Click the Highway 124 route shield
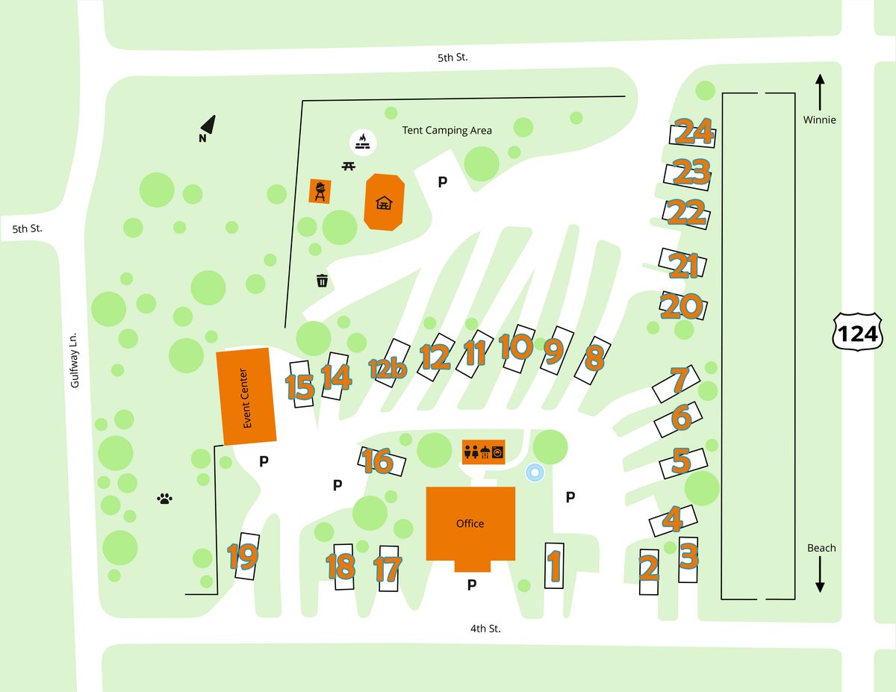[858, 334]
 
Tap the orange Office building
[470, 523]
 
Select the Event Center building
[246, 396]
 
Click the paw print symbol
[165, 498]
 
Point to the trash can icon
[323, 281]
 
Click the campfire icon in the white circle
[363, 141]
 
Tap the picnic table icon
[348, 166]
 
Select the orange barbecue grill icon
[320, 191]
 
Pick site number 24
[693, 132]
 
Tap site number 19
[243, 556]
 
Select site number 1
[554, 566]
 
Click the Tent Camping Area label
[447, 130]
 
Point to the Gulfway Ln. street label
[74, 359]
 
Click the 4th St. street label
[485, 629]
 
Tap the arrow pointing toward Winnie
[820, 90]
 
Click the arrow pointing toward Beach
[820, 576]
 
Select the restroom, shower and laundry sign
[484, 451]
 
